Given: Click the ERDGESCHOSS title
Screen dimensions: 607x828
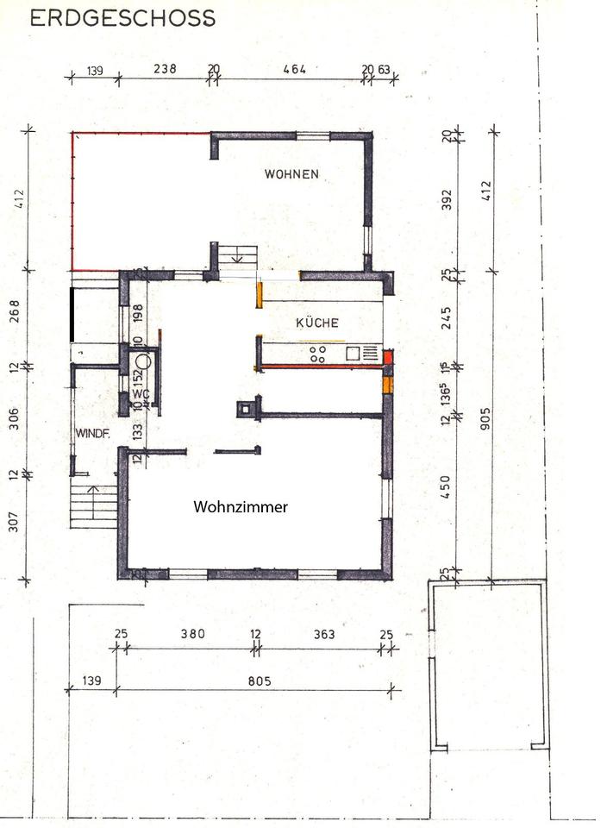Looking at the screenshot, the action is coord(122,18).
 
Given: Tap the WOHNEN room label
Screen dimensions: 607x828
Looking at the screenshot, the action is coord(291,173).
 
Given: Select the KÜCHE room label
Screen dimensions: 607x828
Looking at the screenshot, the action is coord(317,322).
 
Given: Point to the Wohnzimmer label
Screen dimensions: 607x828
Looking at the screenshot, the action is coord(241,507).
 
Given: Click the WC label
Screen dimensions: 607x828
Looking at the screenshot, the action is coord(141,394).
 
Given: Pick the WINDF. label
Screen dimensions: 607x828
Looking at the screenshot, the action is coord(93,434).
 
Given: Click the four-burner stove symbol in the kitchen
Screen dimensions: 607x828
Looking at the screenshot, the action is coord(318,354).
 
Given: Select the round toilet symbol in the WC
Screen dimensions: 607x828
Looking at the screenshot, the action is coord(143,361).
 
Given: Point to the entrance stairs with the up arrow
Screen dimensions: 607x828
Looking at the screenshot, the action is coord(93,506).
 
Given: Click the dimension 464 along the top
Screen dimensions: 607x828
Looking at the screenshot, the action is coord(295,69).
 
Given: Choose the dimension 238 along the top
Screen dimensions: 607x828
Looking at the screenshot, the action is coord(165,68).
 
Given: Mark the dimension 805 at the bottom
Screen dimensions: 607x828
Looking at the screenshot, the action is coord(260,681).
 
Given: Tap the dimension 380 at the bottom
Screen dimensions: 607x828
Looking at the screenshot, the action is coord(192,633).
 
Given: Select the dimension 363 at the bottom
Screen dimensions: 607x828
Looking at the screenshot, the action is coord(324,633).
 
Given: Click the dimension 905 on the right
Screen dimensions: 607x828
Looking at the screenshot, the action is coord(485,418).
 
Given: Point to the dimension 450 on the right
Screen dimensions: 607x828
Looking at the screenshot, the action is coord(446,486).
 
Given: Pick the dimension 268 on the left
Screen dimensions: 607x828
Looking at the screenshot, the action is coord(15,311).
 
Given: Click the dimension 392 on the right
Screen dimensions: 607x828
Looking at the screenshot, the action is coord(447,199).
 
